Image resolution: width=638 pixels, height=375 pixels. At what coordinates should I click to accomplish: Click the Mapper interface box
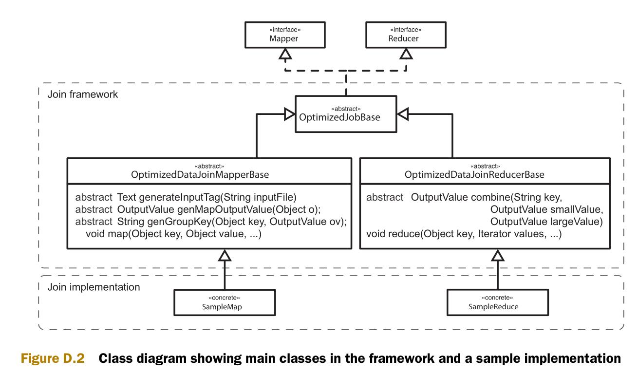[x=285, y=35]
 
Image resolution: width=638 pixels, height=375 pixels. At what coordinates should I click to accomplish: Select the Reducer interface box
[x=406, y=35]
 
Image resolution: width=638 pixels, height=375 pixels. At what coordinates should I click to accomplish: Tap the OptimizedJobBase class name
[x=339, y=117]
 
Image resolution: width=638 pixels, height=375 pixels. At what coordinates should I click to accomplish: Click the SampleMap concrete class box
[x=225, y=302]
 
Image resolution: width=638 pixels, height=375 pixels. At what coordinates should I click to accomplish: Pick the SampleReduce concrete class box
[x=498, y=302]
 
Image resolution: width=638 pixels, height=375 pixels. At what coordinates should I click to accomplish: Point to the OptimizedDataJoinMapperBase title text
[x=200, y=174]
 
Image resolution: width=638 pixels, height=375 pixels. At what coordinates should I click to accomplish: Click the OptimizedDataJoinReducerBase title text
[x=474, y=174]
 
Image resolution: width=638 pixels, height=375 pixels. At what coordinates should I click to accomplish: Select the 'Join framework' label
[x=83, y=94]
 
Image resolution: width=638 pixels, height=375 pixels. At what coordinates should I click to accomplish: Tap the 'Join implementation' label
[x=94, y=287]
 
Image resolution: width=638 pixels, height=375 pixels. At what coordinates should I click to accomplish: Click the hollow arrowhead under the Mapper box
[x=285, y=54]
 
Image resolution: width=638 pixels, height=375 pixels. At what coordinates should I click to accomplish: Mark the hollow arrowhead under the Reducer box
[x=406, y=54]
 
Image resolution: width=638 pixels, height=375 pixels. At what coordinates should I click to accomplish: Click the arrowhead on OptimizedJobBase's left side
[x=290, y=114]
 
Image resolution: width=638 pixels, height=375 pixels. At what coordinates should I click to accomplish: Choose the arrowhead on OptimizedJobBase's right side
[x=402, y=114]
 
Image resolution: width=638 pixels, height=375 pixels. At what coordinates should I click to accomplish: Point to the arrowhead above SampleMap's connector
[x=225, y=255]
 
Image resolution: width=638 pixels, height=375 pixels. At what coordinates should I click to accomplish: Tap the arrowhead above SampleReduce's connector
[x=498, y=255]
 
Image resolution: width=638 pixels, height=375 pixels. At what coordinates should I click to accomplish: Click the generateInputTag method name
[x=180, y=197]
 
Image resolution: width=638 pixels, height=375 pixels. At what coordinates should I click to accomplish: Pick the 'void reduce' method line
[x=464, y=234]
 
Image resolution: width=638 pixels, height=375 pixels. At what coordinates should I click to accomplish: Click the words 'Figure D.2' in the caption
[x=53, y=358]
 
